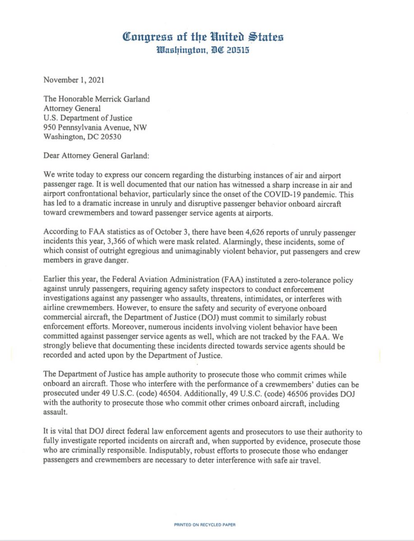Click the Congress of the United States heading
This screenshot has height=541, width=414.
(207, 37)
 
